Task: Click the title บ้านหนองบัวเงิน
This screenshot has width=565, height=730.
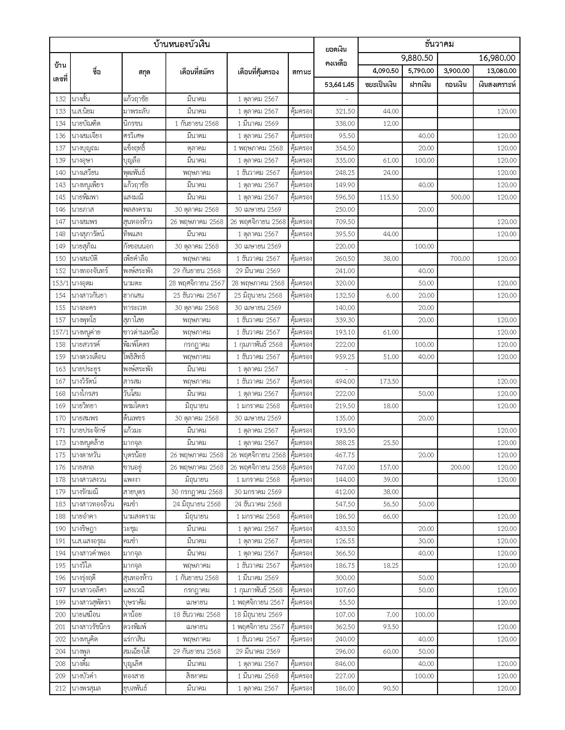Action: [x=181, y=44]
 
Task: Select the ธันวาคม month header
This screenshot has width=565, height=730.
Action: [x=439, y=44]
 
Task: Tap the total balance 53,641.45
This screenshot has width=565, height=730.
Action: [x=339, y=85]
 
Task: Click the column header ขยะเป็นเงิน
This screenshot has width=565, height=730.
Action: [x=381, y=85]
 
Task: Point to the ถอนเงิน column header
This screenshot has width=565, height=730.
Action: [x=456, y=85]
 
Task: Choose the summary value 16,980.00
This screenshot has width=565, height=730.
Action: [x=497, y=58]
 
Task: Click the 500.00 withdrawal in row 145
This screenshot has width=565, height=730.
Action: [x=460, y=197]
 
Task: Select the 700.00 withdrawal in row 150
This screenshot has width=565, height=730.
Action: [x=460, y=259]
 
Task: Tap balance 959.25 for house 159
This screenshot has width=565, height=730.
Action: [x=345, y=357]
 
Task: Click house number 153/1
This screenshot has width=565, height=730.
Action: [x=60, y=283]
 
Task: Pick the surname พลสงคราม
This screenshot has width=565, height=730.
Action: [x=138, y=210]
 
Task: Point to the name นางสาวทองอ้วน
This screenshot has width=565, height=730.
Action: [x=93, y=504]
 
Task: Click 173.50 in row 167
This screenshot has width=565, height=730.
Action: [x=389, y=381]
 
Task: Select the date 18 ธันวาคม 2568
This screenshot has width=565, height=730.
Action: [x=196, y=615]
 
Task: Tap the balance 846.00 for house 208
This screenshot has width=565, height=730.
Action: [x=345, y=664]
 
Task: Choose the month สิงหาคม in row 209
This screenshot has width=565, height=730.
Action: [x=196, y=676]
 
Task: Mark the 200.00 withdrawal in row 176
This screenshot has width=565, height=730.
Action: [x=460, y=467]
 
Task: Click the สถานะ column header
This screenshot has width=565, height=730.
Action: [x=301, y=72]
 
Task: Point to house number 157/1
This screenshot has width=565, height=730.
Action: [x=60, y=332]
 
